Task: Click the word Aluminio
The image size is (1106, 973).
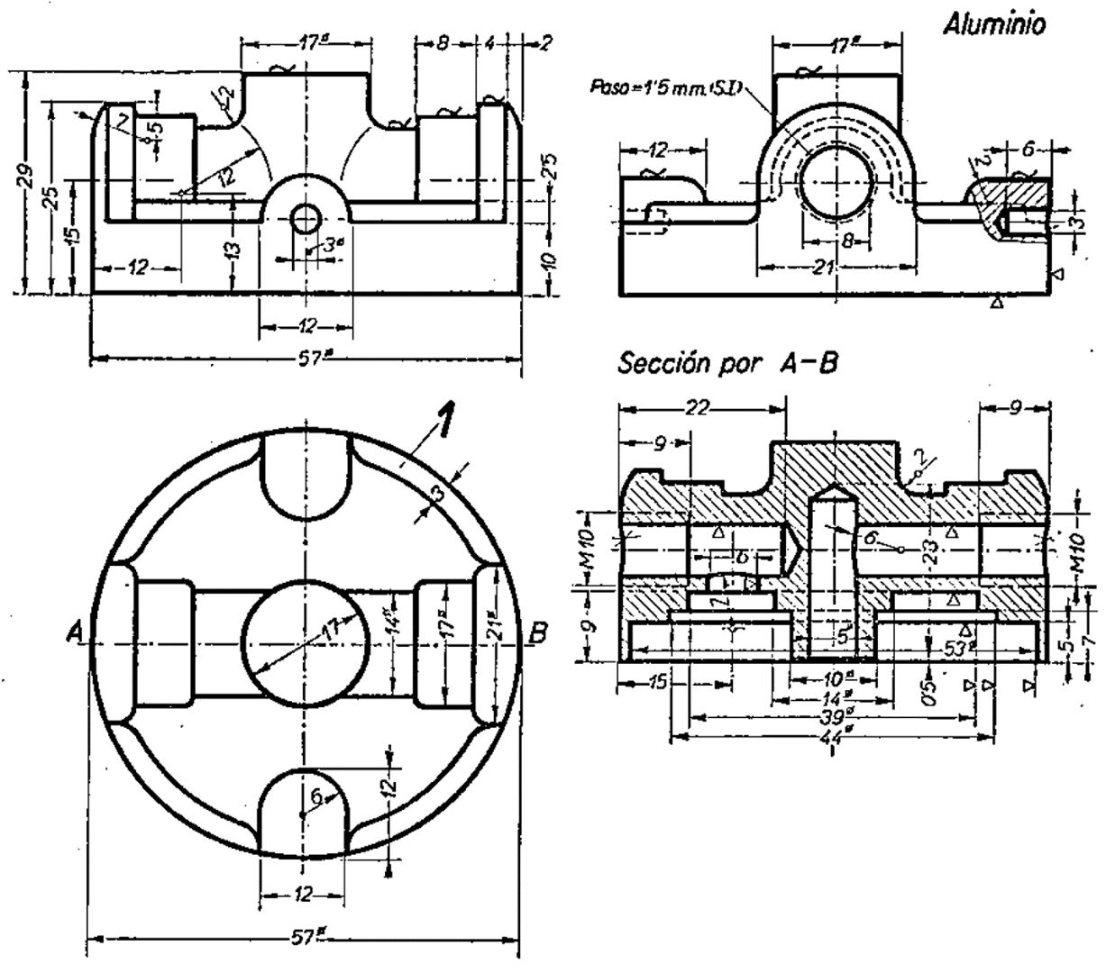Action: coord(994,26)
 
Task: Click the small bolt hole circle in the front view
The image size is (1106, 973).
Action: coord(306,219)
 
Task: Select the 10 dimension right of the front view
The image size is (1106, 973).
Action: coord(552,261)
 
